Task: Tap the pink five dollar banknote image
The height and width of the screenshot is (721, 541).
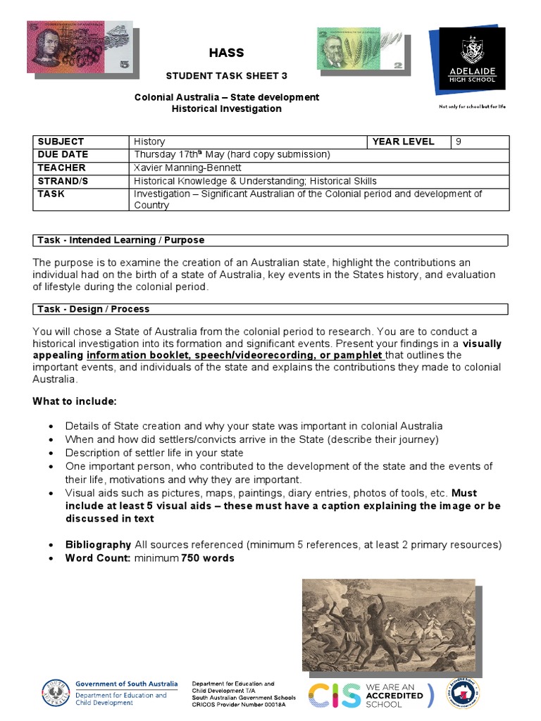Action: point(80,48)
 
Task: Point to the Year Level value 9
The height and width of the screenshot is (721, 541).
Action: point(459,142)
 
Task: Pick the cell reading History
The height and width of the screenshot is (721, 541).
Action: point(149,142)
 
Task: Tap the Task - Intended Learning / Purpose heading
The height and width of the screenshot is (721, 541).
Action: point(120,240)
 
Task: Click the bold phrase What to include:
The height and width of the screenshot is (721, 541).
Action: point(74,401)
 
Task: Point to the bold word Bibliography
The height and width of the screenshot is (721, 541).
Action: point(98,544)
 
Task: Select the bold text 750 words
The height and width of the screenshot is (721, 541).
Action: point(208,558)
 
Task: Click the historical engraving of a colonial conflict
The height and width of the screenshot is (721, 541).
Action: point(388,625)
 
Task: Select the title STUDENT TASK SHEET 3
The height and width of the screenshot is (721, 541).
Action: point(226,75)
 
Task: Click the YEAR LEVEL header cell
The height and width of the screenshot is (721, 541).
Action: point(404,142)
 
